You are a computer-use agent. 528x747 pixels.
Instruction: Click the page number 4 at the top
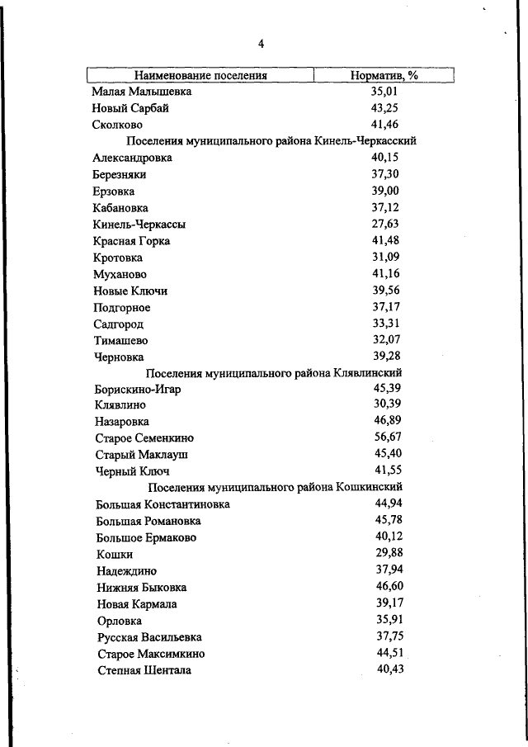261,44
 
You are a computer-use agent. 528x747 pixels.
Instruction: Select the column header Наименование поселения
201,75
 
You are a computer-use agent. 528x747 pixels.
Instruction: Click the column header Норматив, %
384,75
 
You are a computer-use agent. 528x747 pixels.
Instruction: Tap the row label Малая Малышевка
142,92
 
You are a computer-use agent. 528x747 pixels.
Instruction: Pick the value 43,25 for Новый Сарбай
385,108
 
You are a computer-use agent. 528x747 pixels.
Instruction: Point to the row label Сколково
120,125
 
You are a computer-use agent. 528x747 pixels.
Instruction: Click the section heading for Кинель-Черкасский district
271,141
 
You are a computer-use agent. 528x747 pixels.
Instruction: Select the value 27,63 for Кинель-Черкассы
385,224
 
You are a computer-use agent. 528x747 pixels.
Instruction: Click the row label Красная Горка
132,241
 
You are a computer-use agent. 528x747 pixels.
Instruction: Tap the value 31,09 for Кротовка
385,257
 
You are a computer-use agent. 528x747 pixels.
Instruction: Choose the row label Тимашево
121,340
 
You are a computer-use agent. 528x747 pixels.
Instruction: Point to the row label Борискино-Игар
137,389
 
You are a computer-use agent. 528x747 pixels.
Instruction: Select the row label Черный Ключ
133,471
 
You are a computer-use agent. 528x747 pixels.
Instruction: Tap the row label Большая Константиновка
163,504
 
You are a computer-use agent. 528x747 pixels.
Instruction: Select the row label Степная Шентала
144,670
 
